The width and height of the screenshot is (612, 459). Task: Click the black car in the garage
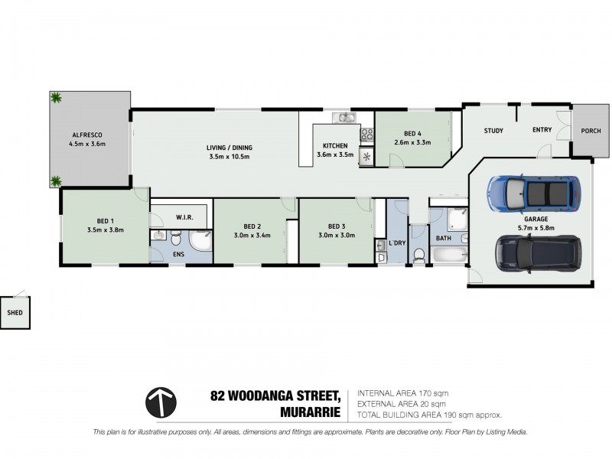pos(538,252)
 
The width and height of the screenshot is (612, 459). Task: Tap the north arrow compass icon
pos(161,402)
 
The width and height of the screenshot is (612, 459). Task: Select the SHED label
pos(15,313)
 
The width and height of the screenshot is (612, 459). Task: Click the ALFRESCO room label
pos(86,134)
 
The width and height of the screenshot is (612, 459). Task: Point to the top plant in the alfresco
pos(56,98)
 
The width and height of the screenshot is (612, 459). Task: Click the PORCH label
pos(591,130)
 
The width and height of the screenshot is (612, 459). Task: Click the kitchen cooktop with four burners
pos(366,134)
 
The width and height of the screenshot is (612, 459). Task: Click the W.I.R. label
pos(184,217)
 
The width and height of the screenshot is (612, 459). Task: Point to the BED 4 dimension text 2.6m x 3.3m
pos(411,142)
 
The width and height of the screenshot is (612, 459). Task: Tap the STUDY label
pos(493,130)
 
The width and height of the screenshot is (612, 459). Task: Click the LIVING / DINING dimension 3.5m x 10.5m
pos(229,156)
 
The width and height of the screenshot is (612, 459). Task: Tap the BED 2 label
pos(252,226)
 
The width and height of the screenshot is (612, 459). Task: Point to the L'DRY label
pos(397,243)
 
